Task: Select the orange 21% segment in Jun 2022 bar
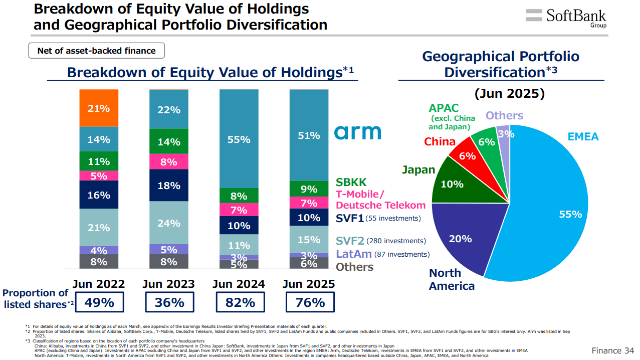tap(99, 108)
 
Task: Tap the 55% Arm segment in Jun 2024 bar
tap(239, 139)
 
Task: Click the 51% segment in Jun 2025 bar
tap(309, 135)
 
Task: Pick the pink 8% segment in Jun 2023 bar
tap(169, 162)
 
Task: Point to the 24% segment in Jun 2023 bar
tap(169, 223)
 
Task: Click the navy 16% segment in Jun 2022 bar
tap(99, 195)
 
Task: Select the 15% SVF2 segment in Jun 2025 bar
tap(309, 239)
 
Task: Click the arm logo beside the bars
tap(358, 132)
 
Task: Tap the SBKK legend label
tap(351, 183)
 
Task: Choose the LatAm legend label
tap(354, 254)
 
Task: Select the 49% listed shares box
tap(99, 302)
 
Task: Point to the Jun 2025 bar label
tap(309, 284)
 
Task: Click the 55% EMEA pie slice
tap(551, 211)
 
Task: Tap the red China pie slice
tap(468, 155)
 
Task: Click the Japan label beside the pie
tap(418, 169)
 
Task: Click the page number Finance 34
tap(613, 350)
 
